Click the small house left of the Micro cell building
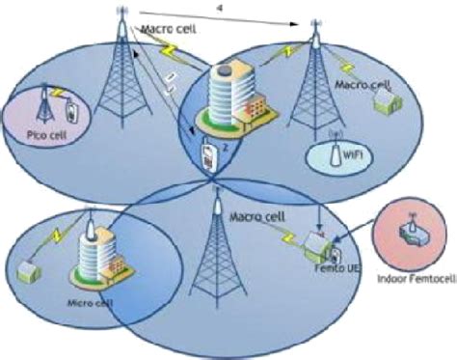click(x=28, y=266)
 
